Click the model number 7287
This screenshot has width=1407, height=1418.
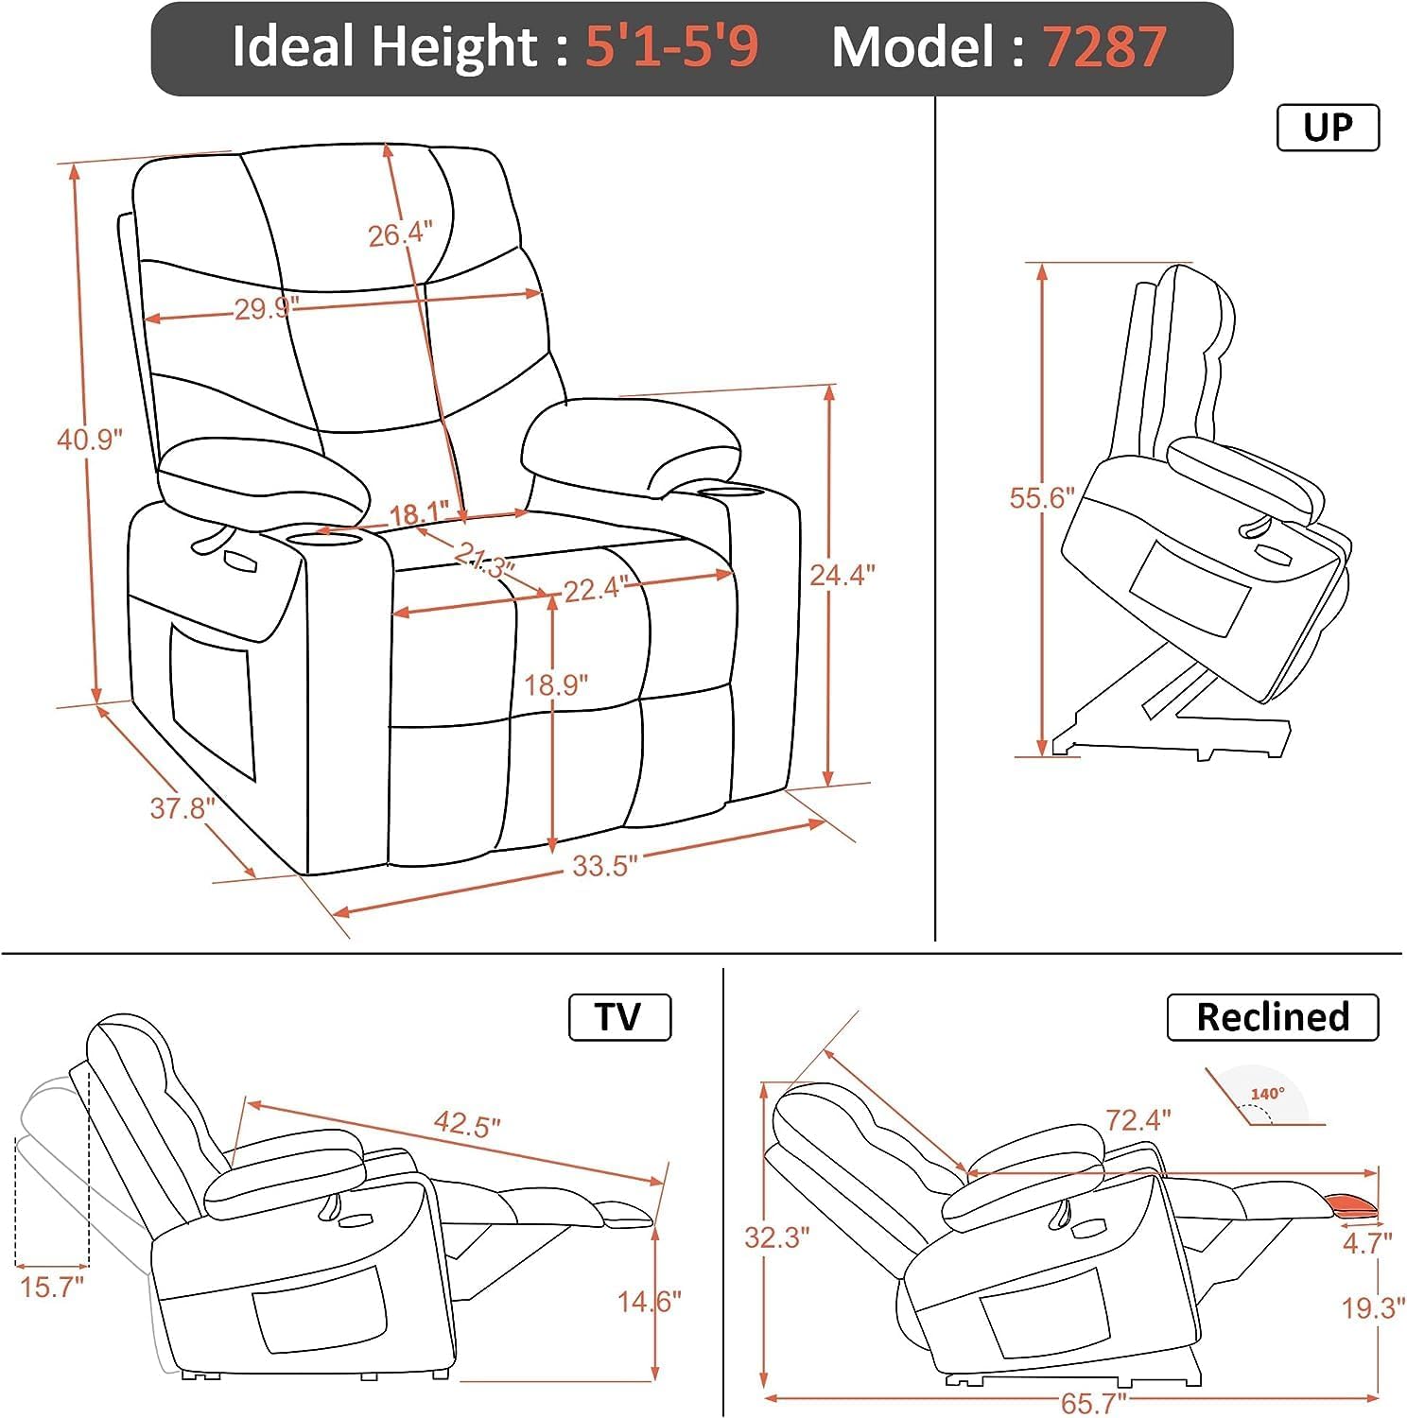1104,46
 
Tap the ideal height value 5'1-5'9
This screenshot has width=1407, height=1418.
671,46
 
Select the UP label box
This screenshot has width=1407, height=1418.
1328,128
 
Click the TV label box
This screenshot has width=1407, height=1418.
619,1017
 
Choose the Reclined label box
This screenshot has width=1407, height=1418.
1272,1017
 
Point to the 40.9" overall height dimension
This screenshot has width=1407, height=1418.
90,440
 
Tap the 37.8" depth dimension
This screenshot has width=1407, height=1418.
182,808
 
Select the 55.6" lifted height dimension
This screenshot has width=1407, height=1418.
1042,498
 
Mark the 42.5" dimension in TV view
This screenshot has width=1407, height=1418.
466,1125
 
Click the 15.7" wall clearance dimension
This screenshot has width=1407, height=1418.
52,1287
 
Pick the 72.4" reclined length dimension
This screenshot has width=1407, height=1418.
1138,1120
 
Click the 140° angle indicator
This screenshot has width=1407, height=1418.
1267,1095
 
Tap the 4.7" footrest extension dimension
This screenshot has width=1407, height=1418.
1367,1242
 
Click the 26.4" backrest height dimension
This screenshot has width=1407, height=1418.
400,233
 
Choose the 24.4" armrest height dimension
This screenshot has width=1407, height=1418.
842,575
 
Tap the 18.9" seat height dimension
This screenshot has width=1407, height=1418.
556,684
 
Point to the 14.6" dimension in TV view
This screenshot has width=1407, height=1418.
649,1302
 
